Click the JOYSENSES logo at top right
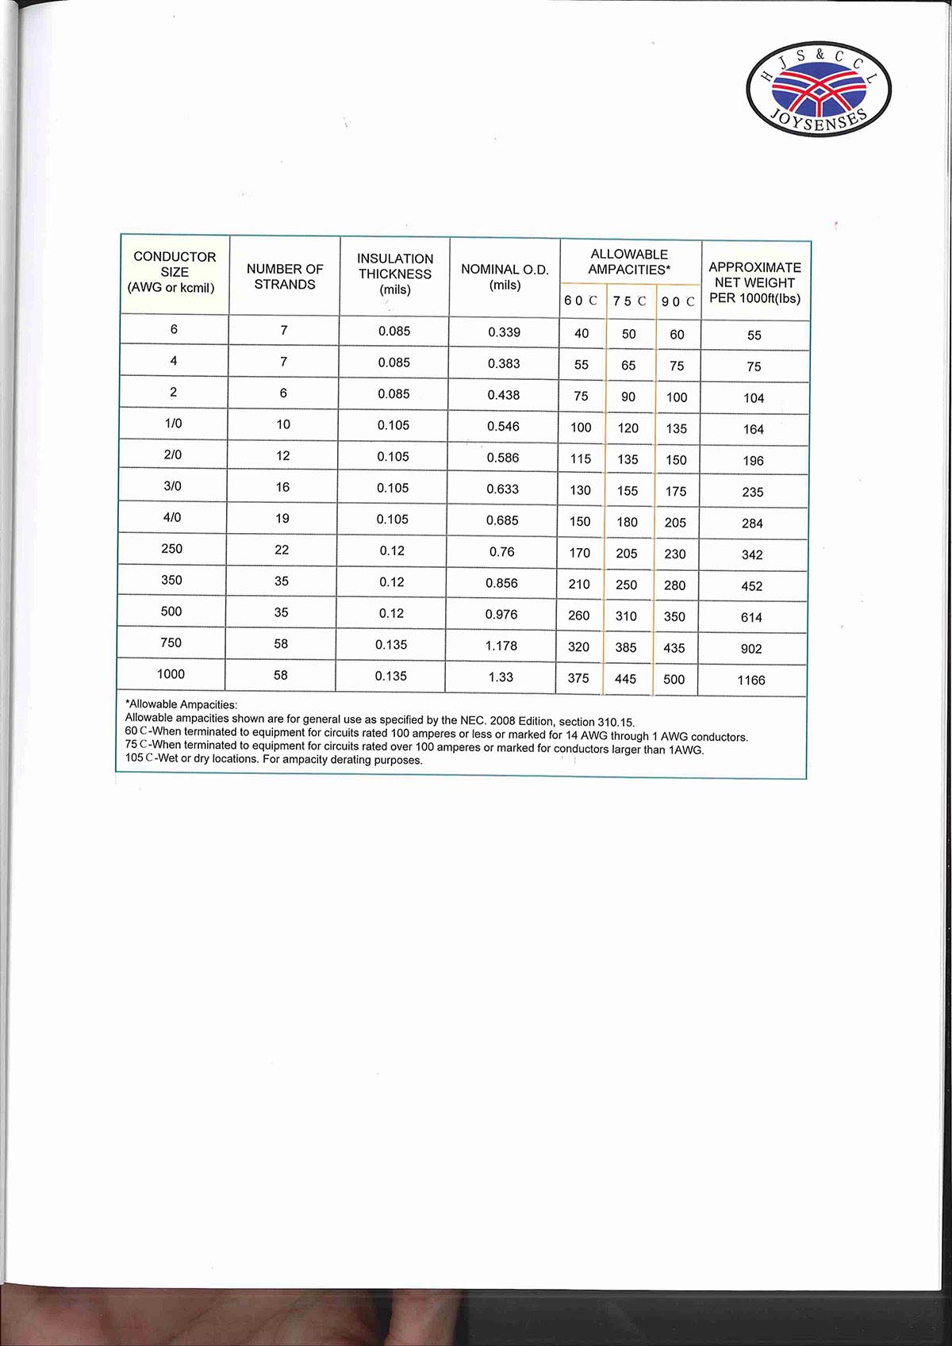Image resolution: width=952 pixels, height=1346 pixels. pyautogui.click(x=819, y=88)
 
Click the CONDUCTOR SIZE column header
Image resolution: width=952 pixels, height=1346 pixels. pyautogui.click(x=175, y=272)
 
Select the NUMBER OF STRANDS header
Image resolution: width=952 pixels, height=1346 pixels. pyautogui.click(x=285, y=277)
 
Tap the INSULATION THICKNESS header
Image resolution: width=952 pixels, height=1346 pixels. pyautogui.click(x=395, y=274)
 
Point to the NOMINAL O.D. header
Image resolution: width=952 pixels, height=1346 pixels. pyautogui.click(x=505, y=277)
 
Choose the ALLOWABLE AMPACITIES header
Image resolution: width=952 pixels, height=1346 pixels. pyautogui.click(x=629, y=262)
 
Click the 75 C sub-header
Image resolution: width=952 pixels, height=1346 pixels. pyautogui.click(x=629, y=301)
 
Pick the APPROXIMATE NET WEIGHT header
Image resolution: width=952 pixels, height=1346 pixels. pyautogui.click(x=754, y=283)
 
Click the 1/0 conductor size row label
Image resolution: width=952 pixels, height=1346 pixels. pyautogui.click(x=173, y=424)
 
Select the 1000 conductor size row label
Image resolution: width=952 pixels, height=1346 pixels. pyautogui.click(x=171, y=674)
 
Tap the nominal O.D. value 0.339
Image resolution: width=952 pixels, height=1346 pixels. pyautogui.click(x=504, y=332)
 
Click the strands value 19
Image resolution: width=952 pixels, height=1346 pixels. pyautogui.click(x=282, y=519)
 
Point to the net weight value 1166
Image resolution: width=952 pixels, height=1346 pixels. pyautogui.click(x=750, y=681)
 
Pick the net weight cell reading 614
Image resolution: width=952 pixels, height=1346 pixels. pyautogui.click(x=751, y=618)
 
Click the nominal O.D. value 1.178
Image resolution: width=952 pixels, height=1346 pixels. pyautogui.click(x=501, y=646)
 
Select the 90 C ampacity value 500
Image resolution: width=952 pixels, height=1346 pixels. pyautogui.click(x=674, y=680)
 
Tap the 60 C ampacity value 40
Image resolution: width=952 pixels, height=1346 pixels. pyautogui.click(x=582, y=334)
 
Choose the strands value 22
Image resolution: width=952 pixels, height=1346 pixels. pyautogui.click(x=282, y=550)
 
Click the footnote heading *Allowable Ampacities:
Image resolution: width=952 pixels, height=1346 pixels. pyautogui.click(x=182, y=704)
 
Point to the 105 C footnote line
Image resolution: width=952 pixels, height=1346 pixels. pyautogui.click(x=274, y=759)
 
